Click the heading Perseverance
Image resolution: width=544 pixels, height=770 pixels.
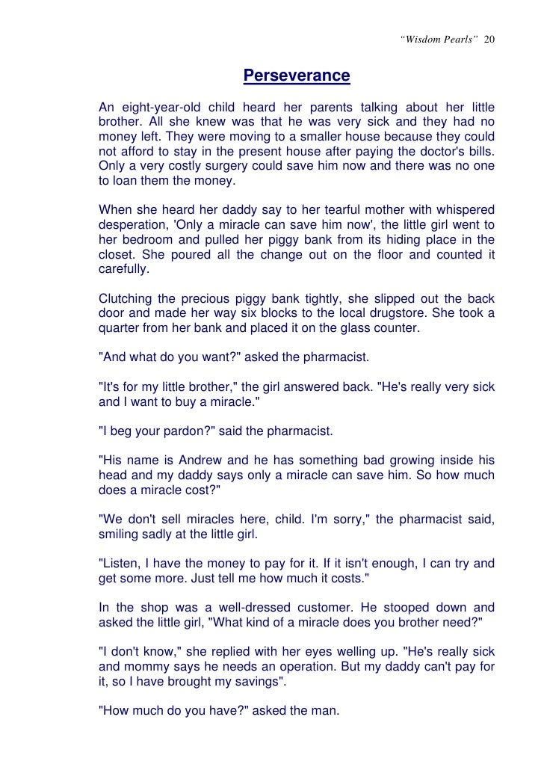pyautogui.click(x=297, y=76)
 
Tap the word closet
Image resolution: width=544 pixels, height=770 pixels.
pyautogui.click(x=117, y=254)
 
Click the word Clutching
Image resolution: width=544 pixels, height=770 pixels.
pyautogui.click(x=129, y=298)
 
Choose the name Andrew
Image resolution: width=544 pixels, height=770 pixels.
pyautogui.click(x=200, y=460)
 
